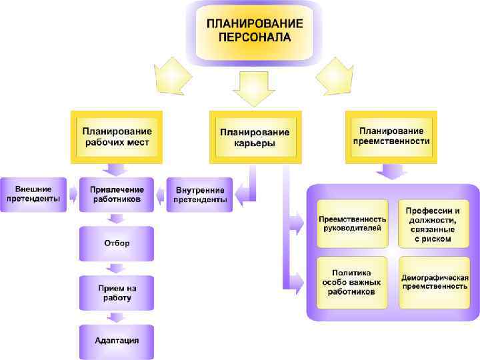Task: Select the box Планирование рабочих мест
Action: [117, 137]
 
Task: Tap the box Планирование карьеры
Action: [254, 137]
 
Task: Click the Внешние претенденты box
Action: [33, 194]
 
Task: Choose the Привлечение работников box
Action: [117, 194]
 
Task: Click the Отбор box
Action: [117, 243]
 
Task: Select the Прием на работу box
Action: [117, 293]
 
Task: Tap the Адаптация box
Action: [117, 341]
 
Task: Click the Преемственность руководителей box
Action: [352, 223]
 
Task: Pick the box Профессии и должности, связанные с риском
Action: [433, 223]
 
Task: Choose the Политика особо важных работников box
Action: [352, 282]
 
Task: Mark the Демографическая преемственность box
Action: [433, 282]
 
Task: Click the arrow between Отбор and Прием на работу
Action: [117, 268]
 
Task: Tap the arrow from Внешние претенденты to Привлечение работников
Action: [73, 195]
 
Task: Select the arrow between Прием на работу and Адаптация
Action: [117, 317]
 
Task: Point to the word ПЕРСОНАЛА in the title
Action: [254, 37]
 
